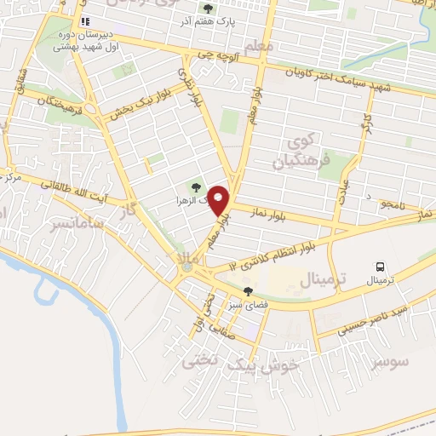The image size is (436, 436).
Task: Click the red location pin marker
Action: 219,200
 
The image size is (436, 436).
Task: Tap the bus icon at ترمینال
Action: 380,266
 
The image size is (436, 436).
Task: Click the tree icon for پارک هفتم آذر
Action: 209,9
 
